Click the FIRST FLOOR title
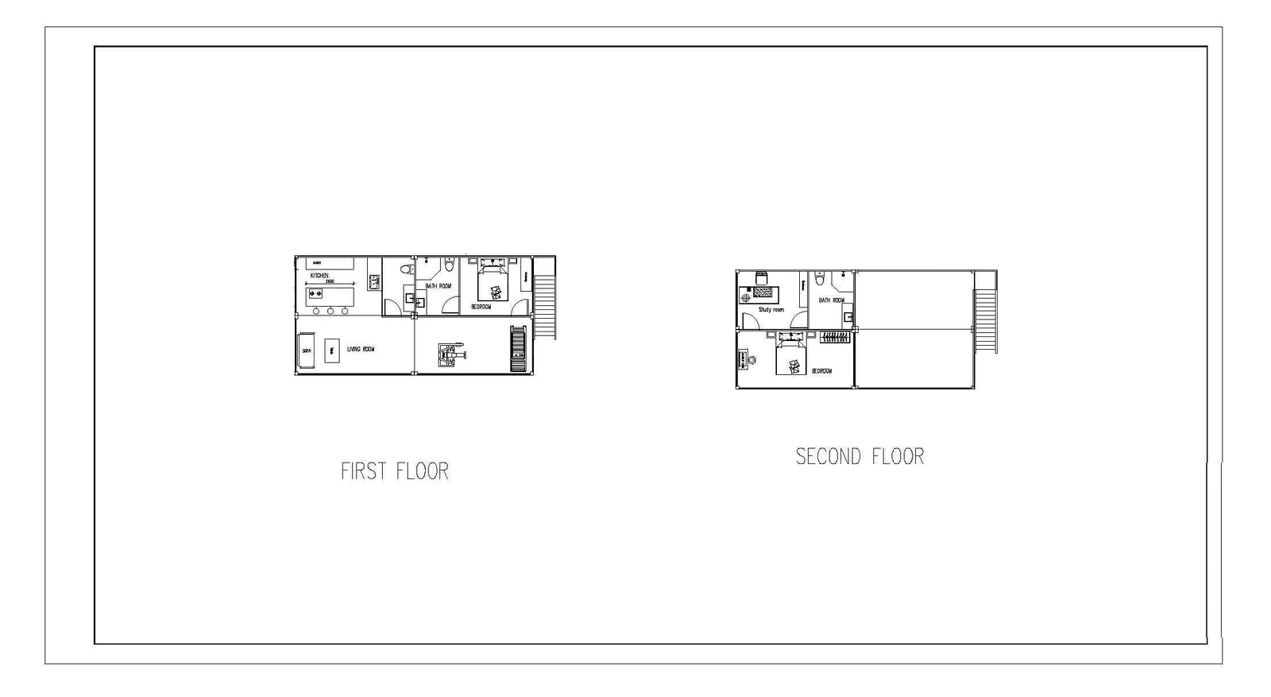(x=395, y=471)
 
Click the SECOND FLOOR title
(x=860, y=456)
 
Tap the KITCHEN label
(x=319, y=276)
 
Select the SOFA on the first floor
(x=307, y=350)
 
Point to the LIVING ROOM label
(x=361, y=349)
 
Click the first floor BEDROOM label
(x=481, y=306)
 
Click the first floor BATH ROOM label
(x=438, y=286)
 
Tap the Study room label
(x=771, y=310)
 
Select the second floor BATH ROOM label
(x=831, y=300)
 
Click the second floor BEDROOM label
(x=821, y=371)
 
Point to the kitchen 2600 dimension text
(x=329, y=281)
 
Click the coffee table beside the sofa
(x=332, y=350)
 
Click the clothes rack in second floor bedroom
(x=834, y=337)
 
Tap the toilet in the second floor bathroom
(x=820, y=278)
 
